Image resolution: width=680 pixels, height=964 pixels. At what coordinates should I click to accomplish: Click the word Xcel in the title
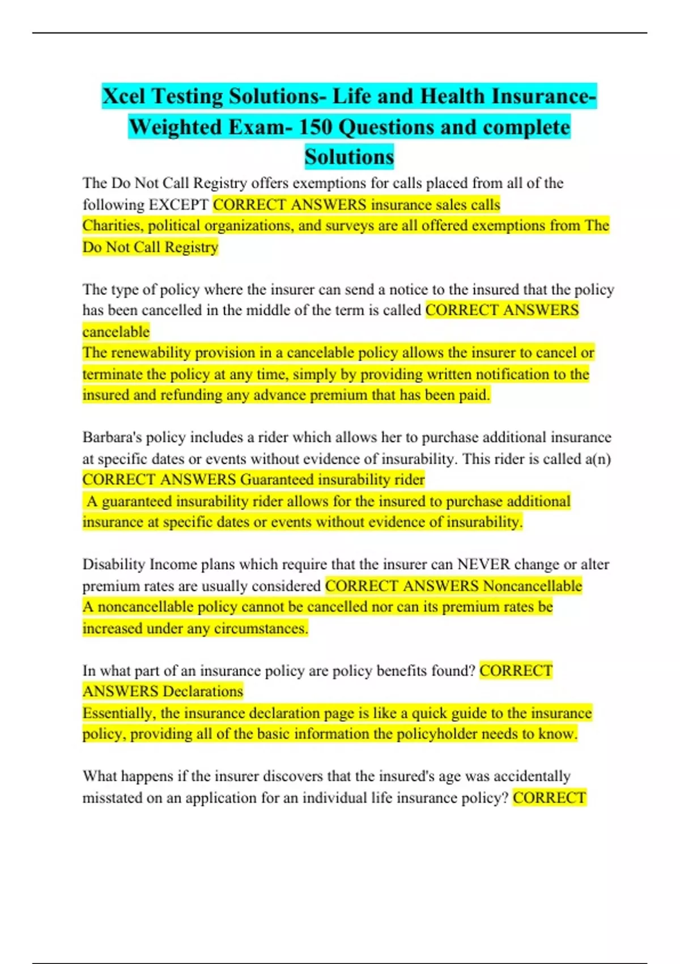click(124, 96)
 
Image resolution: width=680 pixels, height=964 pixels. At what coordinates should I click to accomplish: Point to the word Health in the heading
click(452, 96)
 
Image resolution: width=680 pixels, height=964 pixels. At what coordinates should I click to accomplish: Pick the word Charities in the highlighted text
click(113, 226)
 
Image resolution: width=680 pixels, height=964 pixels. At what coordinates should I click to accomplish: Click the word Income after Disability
click(172, 565)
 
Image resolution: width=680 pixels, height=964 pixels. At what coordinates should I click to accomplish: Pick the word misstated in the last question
click(113, 798)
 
